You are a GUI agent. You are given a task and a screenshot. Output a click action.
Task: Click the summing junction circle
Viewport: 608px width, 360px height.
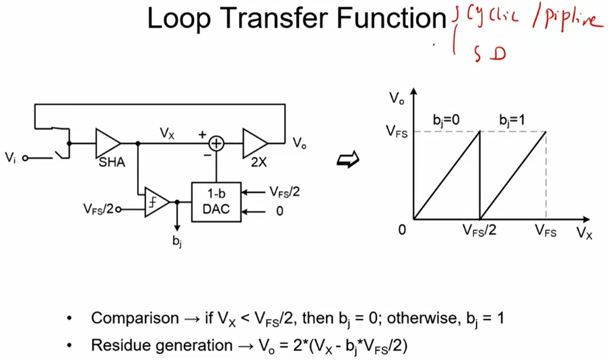coord(216,143)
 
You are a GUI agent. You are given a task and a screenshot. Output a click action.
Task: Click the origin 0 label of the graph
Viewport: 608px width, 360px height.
coord(402,230)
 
